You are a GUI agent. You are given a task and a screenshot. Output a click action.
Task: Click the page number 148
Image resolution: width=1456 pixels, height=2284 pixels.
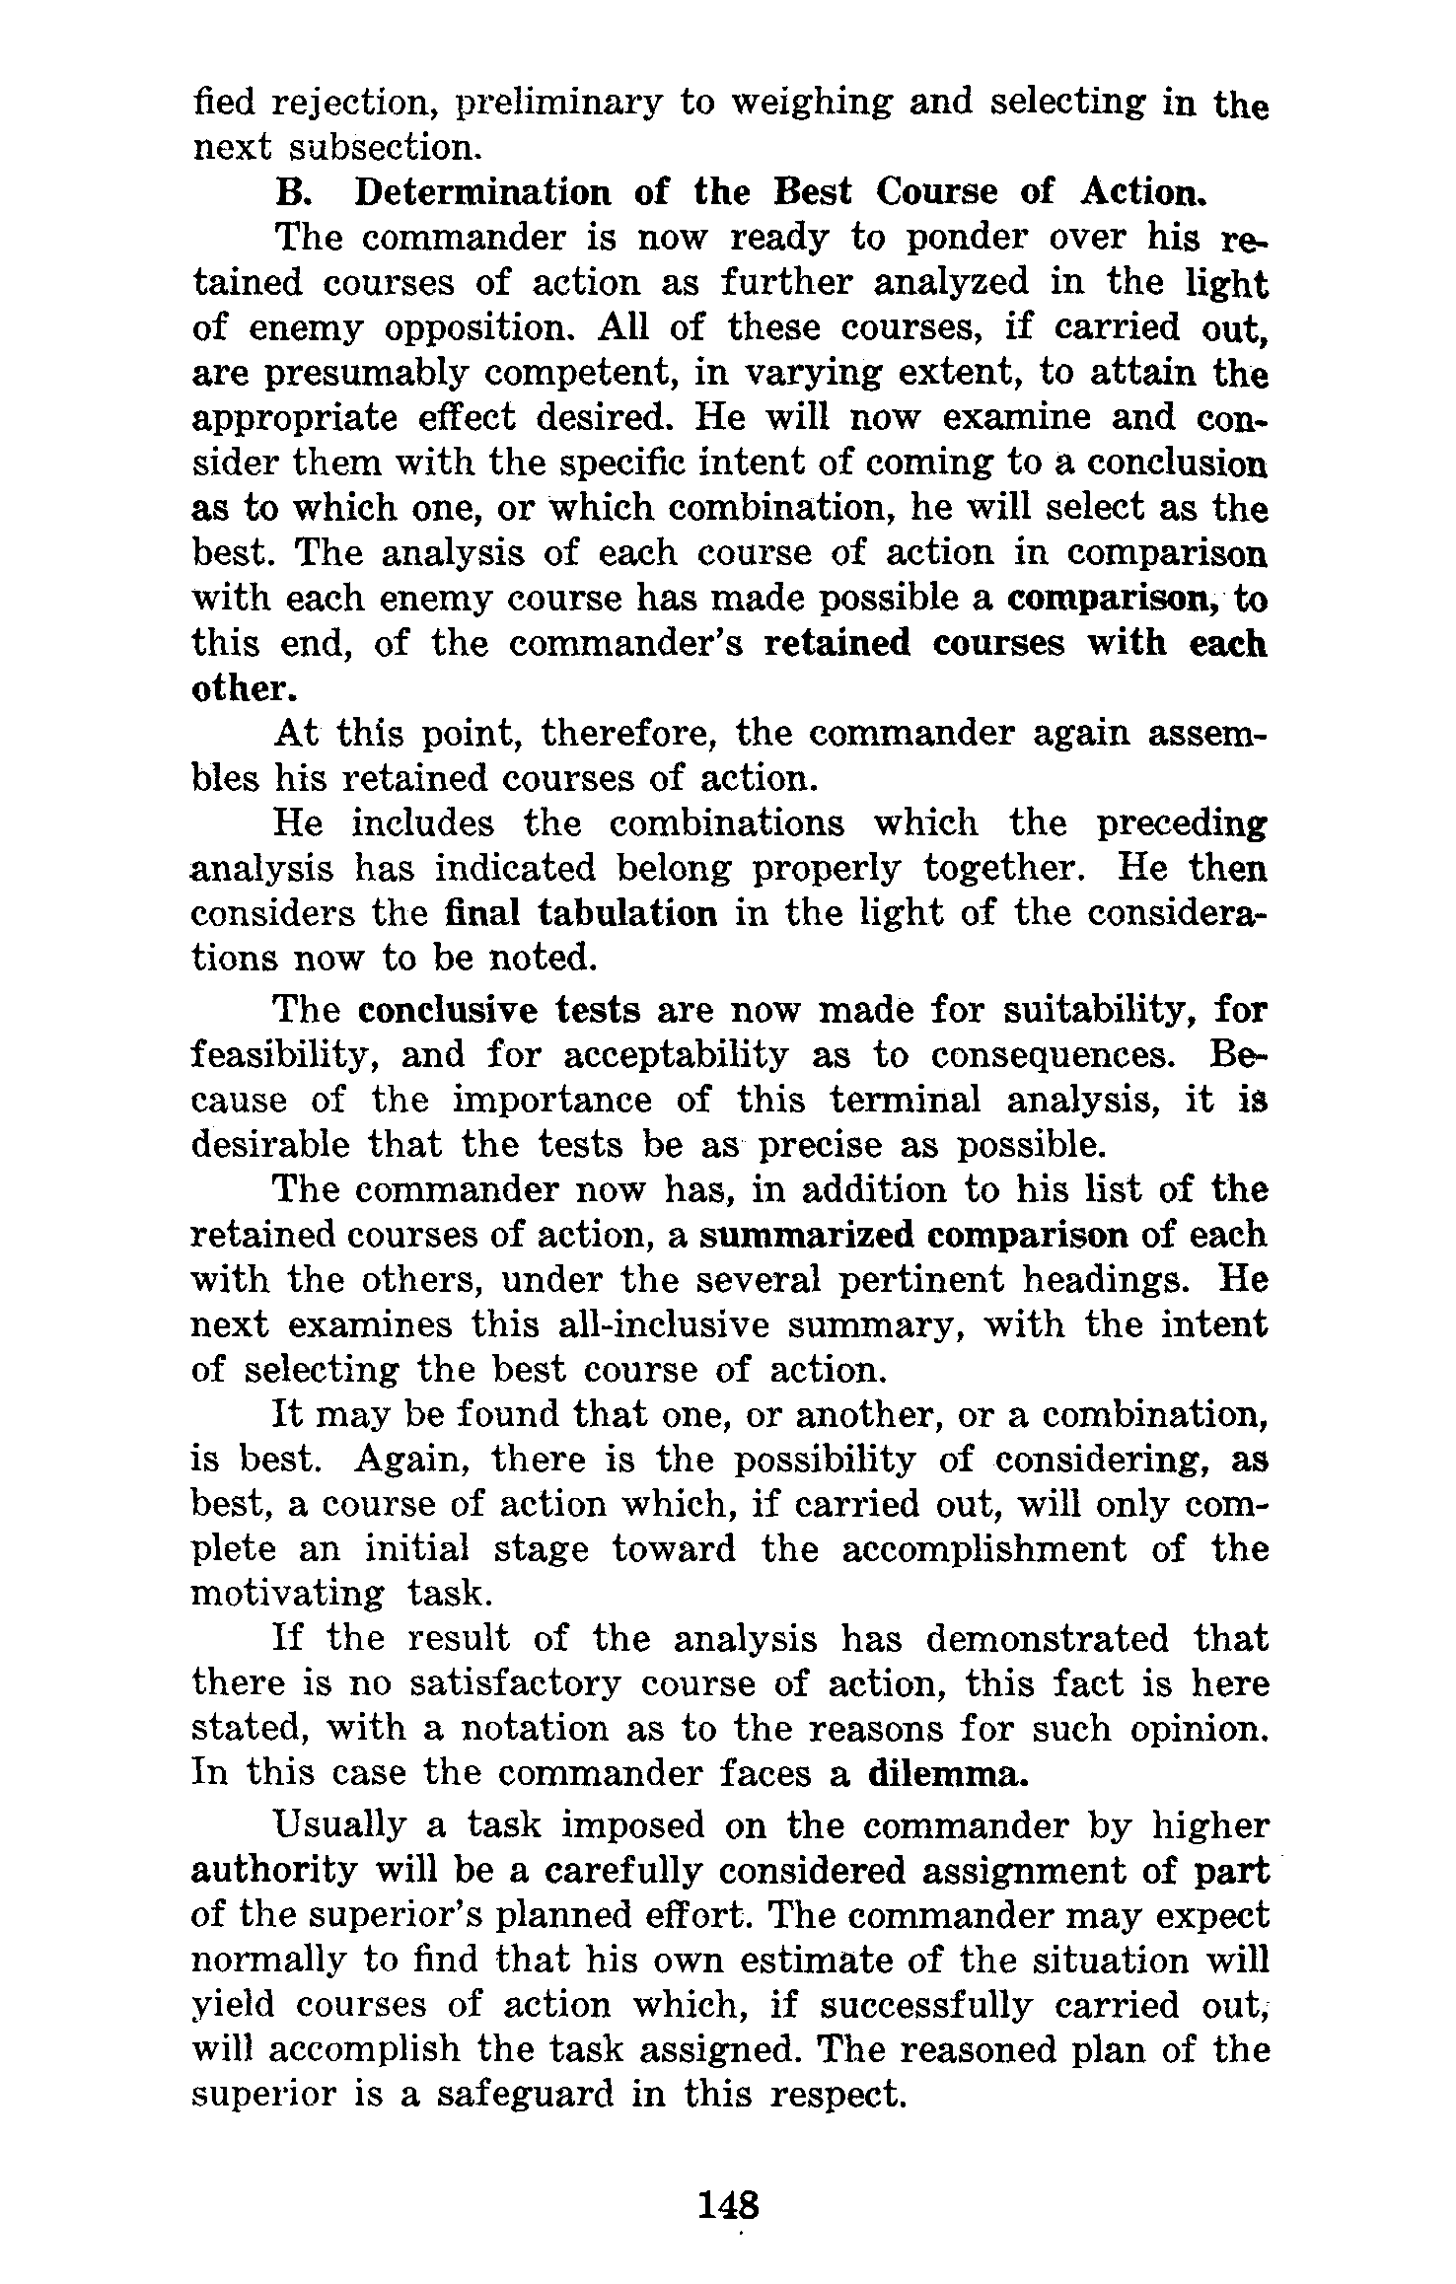pyautogui.click(x=728, y=2202)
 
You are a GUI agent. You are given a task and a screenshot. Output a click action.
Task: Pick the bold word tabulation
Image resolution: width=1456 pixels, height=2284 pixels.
pyautogui.click(x=627, y=913)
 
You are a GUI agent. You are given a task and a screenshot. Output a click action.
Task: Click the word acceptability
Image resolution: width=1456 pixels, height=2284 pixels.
pyautogui.click(x=676, y=1055)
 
